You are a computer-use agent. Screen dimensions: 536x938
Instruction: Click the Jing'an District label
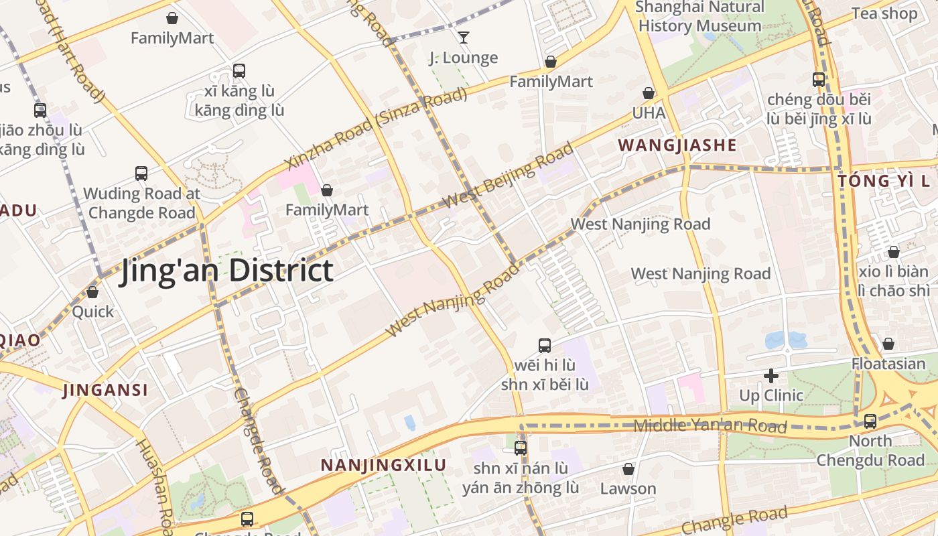pyautogui.click(x=226, y=271)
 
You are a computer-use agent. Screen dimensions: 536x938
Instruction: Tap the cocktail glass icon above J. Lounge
pyautogui.click(x=463, y=38)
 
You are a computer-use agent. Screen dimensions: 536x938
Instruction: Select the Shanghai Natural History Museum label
pyautogui.click(x=699, y=17)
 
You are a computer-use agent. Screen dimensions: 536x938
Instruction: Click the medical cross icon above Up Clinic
pyautogui.click(x=771, y=376)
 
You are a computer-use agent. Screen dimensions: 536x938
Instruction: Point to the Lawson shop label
pyautogui.click(x=628, y=488)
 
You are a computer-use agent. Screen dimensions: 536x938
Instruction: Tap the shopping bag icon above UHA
pyautogui.click(x=649, y=93)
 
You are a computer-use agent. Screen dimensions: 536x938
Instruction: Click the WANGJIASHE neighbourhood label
pyautogui.click(x=677, y=145)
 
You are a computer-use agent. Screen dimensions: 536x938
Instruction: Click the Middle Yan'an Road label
pyautogui.click(x=710, y=425)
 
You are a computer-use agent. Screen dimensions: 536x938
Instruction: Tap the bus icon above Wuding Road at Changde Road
pyautogui.click(x=141, y=174)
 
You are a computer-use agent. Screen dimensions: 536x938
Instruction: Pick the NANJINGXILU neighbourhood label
pyautogui.click(x=383, y=465)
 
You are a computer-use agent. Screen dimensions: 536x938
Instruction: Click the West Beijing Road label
pyautogui.click(x=509, y=175)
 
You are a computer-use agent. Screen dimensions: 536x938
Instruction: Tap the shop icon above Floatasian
pyautogui.click(x=888, y=344)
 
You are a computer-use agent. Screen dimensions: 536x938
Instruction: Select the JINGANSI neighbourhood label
pyautogui.click(x=105, y=390)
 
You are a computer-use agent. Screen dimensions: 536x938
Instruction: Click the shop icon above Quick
pyautogui.click(x=92, y=292)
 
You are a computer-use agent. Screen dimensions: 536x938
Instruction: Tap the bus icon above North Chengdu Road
pyautogui.click(x=870, y=421)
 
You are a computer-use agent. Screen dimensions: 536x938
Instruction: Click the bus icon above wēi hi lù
pyautogui.click(x=545, y=346)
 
